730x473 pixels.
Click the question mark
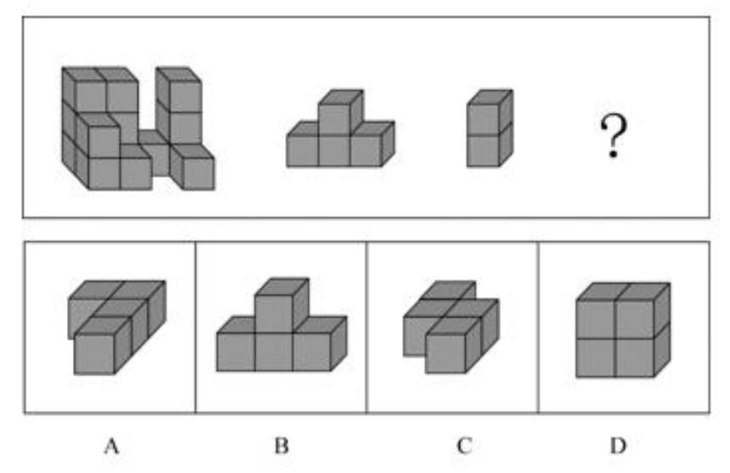coord(613,137)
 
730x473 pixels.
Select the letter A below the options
coord(111,446)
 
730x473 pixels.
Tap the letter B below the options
coord(281,446)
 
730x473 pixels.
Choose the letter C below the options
coord(463,446)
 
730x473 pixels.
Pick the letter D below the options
coord(618,446)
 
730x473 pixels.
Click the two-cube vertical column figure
coord(490,128)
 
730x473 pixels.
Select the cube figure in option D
coord(623,329)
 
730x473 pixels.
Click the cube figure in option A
coord(117,327)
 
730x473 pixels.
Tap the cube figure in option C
coord(451,327)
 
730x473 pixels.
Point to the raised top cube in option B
coord(282,305)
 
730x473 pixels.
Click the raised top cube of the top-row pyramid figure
coord(340,112)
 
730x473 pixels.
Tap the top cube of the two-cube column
coord(490,112)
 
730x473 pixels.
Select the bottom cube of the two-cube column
coord(490,148)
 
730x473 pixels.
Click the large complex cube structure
coord(138,128)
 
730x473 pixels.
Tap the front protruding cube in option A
coord(103,346)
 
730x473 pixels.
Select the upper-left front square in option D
coord(595,319)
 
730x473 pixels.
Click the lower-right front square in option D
coord(635,358)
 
